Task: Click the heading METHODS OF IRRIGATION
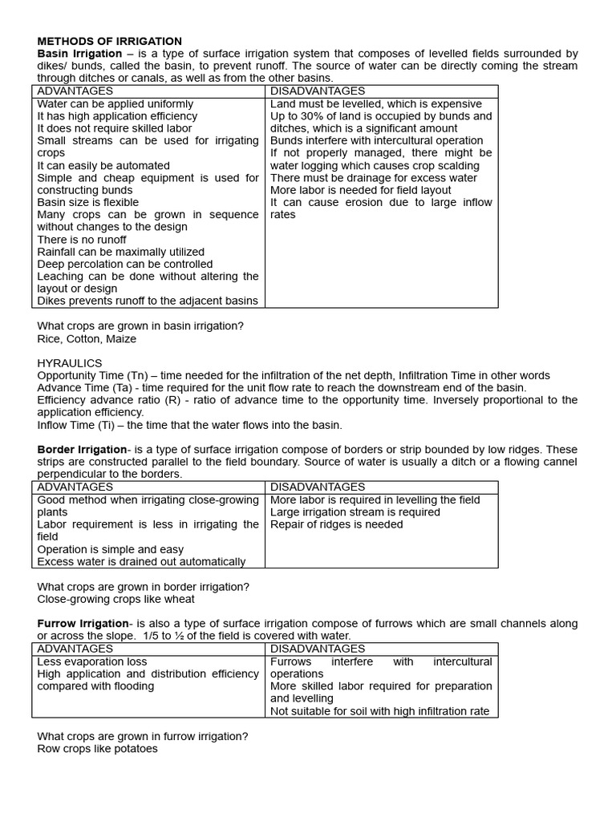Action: [110, 41]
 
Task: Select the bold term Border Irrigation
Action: [82, 450]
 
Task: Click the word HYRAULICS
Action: [70, 363]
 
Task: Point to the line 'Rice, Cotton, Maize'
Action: [87, 338]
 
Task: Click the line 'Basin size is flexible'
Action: [87, 202]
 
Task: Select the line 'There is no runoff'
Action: [82, 239]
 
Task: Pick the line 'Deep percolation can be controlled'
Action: [125, 264]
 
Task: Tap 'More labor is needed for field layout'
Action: [361, 190]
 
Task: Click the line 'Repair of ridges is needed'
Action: [337, 524]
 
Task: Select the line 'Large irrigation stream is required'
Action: [355, 512]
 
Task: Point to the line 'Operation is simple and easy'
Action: [111, 549]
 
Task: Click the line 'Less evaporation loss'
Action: [92, 661]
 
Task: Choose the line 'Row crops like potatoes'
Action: [98, 749]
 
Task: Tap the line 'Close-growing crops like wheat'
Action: [116, 599]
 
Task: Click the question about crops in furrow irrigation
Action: [143, 736]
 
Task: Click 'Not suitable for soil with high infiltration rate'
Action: [379, 711]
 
